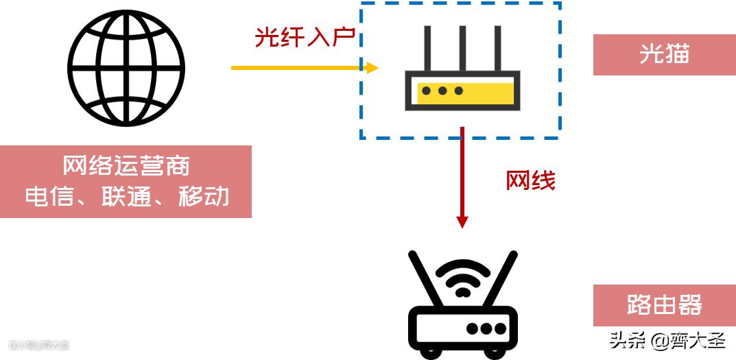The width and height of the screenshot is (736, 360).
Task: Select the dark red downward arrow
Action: point(462,178)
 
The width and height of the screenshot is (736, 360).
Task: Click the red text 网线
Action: point(530,180)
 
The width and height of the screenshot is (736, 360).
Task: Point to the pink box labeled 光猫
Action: point(664,55)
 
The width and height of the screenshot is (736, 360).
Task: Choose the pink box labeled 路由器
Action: point(664,305)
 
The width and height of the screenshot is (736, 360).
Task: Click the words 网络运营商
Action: point(126,166)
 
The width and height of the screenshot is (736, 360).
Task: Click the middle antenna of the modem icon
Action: point(462,48)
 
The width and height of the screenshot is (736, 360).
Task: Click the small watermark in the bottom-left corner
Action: point(38,345)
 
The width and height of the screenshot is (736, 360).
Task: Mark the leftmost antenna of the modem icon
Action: point(427,48)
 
